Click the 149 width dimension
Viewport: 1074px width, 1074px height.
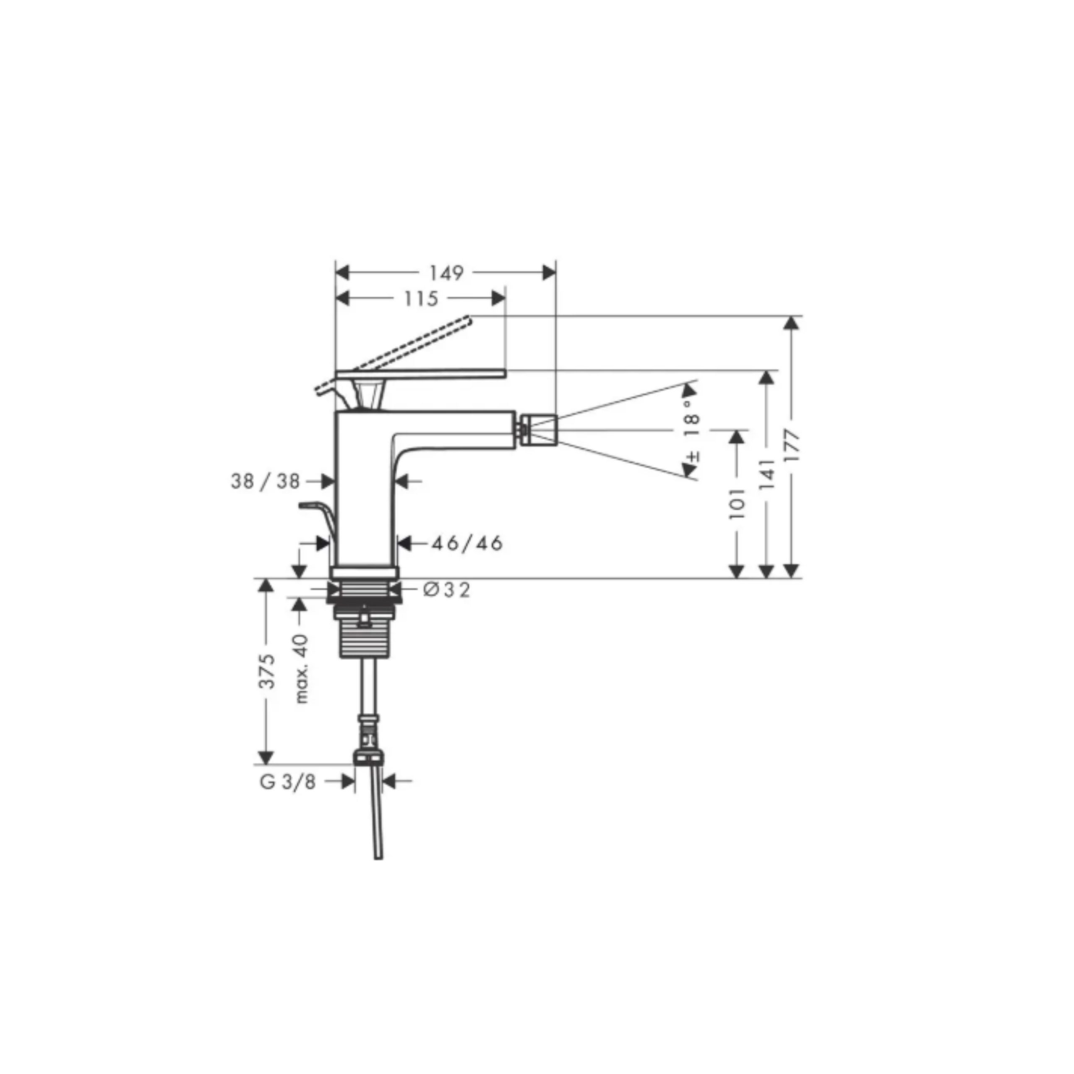(x=446, y=273)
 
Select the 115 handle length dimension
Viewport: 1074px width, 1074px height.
(x=421, y=299)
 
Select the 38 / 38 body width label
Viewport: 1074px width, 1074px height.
(x=265, y=481)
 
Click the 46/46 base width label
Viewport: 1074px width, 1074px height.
(x=467, y=543)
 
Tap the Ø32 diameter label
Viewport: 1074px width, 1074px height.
(x=446, y=589)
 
